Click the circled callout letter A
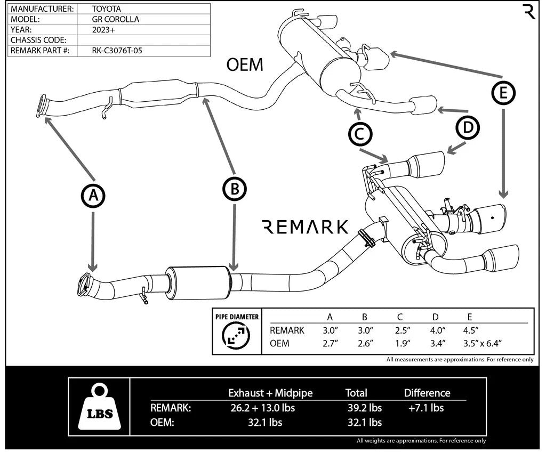tap(93, 196)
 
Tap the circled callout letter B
tap(234, 188)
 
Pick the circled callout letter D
tap(468, 128)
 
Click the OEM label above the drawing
tap(245, 65)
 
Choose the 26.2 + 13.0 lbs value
tap(261, 408)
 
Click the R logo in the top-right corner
tap(529, 11)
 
